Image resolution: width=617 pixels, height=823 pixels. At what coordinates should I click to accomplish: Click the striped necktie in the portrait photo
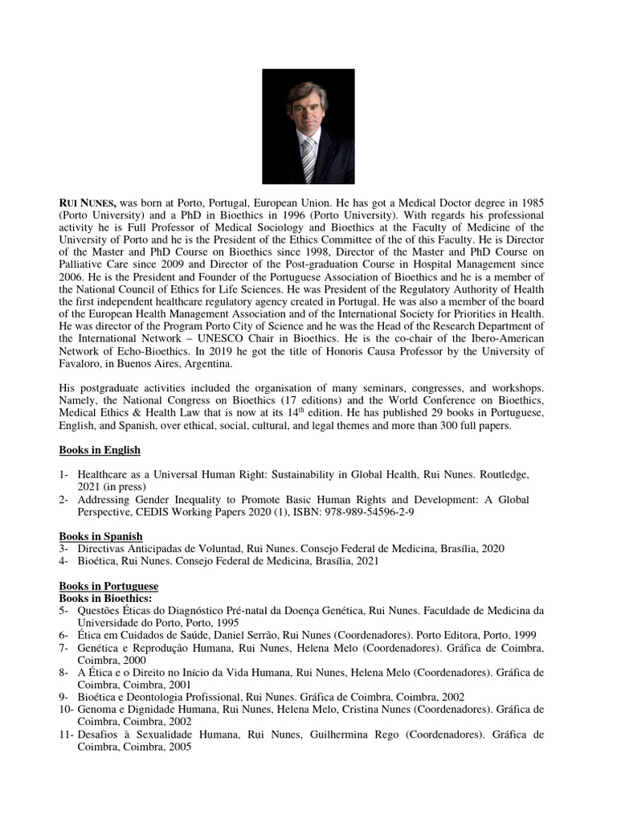point(307,159)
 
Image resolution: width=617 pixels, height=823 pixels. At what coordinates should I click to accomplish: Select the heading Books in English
point(100,450)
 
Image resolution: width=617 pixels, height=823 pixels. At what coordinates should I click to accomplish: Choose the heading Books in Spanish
point(100,536)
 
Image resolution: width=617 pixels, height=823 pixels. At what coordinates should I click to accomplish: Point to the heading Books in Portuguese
point(108,586)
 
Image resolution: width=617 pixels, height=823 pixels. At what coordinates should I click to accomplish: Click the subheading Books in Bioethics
point(106,599)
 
